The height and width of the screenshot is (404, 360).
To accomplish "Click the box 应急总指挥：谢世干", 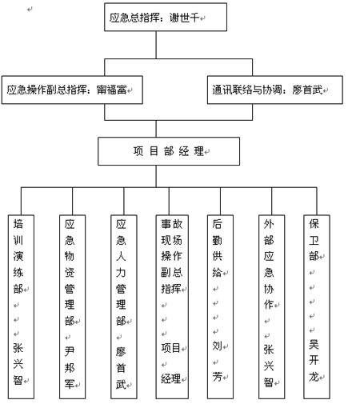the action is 166,17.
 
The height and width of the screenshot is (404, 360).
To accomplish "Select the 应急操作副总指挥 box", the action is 72,90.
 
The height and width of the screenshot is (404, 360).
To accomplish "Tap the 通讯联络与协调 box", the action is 275,90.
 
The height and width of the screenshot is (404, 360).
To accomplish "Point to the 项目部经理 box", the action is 169,151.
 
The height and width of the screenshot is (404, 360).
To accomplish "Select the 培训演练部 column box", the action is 21,306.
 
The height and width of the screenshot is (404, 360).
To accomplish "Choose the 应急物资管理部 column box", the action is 72,306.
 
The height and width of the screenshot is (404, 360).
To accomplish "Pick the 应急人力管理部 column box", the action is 124,306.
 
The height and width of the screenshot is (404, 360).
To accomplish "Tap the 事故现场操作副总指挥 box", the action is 172,306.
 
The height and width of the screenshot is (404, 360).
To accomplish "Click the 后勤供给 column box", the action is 220,306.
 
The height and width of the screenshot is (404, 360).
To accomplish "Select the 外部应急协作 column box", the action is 272,306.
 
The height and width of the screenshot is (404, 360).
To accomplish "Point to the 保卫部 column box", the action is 317,306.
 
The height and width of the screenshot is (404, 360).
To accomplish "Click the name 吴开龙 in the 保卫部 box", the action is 314,361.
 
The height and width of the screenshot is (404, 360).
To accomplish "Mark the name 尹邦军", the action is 70,368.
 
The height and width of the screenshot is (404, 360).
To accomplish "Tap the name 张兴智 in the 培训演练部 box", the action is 18,364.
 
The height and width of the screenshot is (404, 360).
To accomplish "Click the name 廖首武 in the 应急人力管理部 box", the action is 121,368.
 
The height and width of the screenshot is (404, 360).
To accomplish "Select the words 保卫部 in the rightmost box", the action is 314,240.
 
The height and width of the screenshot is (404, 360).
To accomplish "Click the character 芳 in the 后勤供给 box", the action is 218,377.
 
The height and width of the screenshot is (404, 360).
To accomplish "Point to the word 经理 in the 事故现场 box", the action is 171,378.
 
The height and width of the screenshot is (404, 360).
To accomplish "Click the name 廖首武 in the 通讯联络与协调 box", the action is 307,90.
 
